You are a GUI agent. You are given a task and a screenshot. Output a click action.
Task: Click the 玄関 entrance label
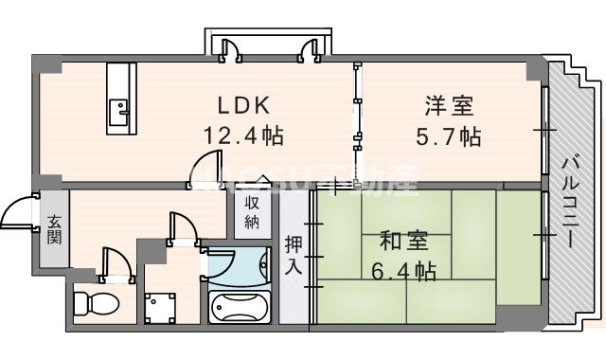53,228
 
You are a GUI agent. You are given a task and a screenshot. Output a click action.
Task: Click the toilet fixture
94,304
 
